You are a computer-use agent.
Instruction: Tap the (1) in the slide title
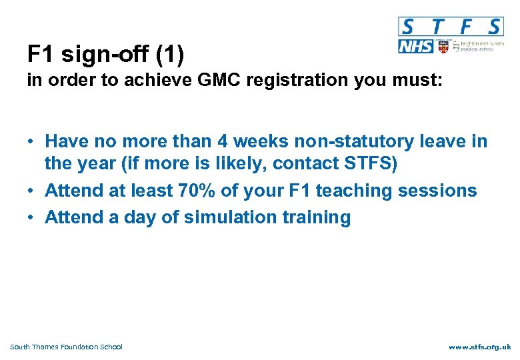pos(169,53)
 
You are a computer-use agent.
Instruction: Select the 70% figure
pos(196,191)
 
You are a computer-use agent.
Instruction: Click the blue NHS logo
pos(415,46)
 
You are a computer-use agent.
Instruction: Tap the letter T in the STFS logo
pos(437,27)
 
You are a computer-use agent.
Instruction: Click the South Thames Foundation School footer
pos(67,347)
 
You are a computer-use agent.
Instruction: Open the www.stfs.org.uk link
pos(479,347)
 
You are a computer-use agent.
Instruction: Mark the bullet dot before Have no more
pos(31,142)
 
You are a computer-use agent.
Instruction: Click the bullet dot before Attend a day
pos(31,218)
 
